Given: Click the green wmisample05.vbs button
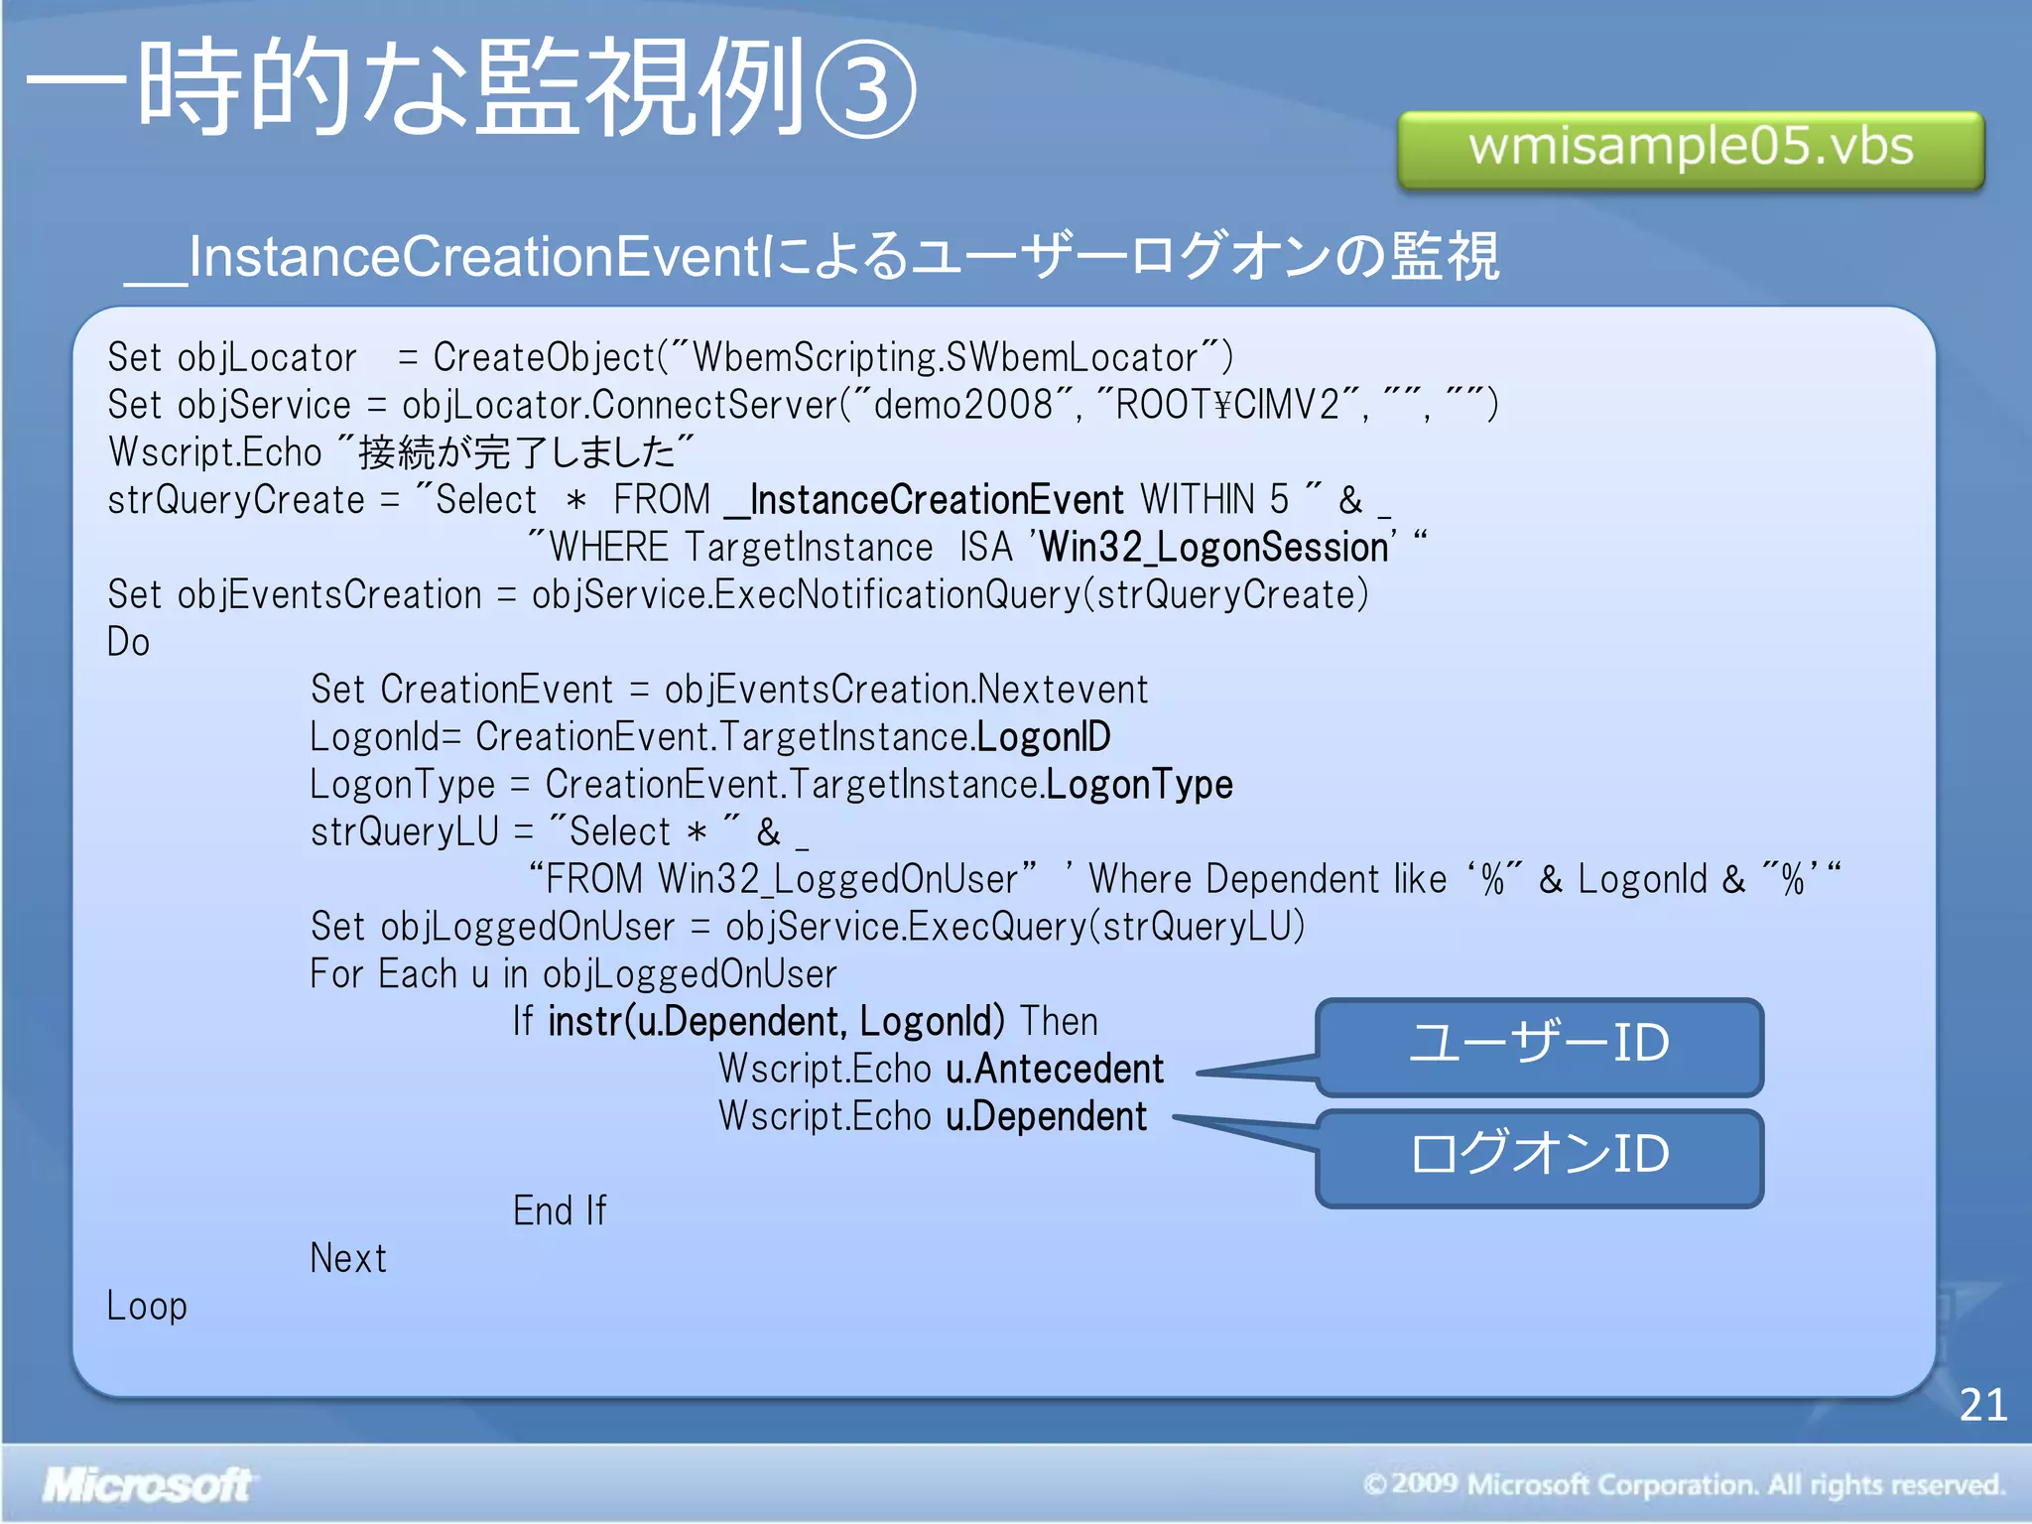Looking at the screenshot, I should click(1690, 149).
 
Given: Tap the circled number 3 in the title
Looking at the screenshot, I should click(865, 90).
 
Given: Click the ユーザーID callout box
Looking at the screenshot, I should click(1539, 1046).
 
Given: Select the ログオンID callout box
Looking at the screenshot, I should click(1539, 1156).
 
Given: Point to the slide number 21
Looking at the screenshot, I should click(1982, 1405).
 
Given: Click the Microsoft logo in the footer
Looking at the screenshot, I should click(147, 1484).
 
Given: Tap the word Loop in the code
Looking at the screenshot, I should click(147, 1306).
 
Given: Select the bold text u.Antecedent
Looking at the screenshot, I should click(1054, 1069).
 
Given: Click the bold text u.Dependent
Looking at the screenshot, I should click(1046, 1116).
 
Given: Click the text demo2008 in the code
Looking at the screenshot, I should click(962, 405).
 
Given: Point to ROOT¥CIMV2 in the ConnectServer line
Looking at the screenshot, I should click(1227, 405).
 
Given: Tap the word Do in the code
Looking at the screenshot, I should click(128, 642).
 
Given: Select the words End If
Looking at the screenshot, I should click(560, 1210).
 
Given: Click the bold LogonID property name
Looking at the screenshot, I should click(1044, 737).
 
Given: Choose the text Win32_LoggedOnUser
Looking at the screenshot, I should click(837, 879).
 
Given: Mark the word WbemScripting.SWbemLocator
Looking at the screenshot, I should click(946, 357).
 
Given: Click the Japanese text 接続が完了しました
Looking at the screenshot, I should click(516, 452).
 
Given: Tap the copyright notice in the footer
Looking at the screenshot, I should click(1683, 1484).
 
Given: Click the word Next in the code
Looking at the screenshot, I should click(348, 1258).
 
